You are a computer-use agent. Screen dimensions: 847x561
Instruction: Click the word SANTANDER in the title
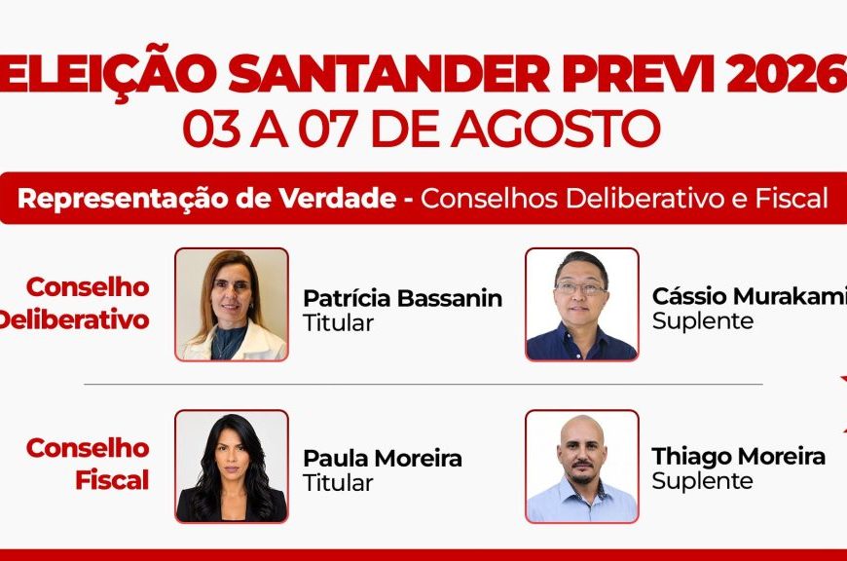pos(388,73)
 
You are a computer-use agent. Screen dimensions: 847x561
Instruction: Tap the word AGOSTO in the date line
pos(556,129)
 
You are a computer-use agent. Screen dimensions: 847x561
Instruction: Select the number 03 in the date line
pos(211,129)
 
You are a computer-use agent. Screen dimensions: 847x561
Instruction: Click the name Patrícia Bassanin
pos(402,298)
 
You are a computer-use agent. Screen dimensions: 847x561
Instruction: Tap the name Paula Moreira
pos(383,459)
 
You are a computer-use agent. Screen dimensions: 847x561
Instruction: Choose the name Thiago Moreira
pos(738,456)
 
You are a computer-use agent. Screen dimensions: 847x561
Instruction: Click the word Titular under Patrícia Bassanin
pos(338,323)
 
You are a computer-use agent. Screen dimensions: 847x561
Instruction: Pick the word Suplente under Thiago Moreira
pos(702,481)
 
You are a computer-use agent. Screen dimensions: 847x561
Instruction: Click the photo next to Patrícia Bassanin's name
pos(232,304)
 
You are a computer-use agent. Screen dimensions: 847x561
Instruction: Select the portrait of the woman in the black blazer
pos(232,467)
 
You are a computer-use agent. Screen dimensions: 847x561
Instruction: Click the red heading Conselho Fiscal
pos(88,465)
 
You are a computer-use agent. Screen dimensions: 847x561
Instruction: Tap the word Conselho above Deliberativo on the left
pos(88,287)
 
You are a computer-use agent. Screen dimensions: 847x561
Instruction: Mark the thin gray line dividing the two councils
pos(423,385)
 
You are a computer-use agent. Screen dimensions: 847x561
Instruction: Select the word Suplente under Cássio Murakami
pos(702,321)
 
